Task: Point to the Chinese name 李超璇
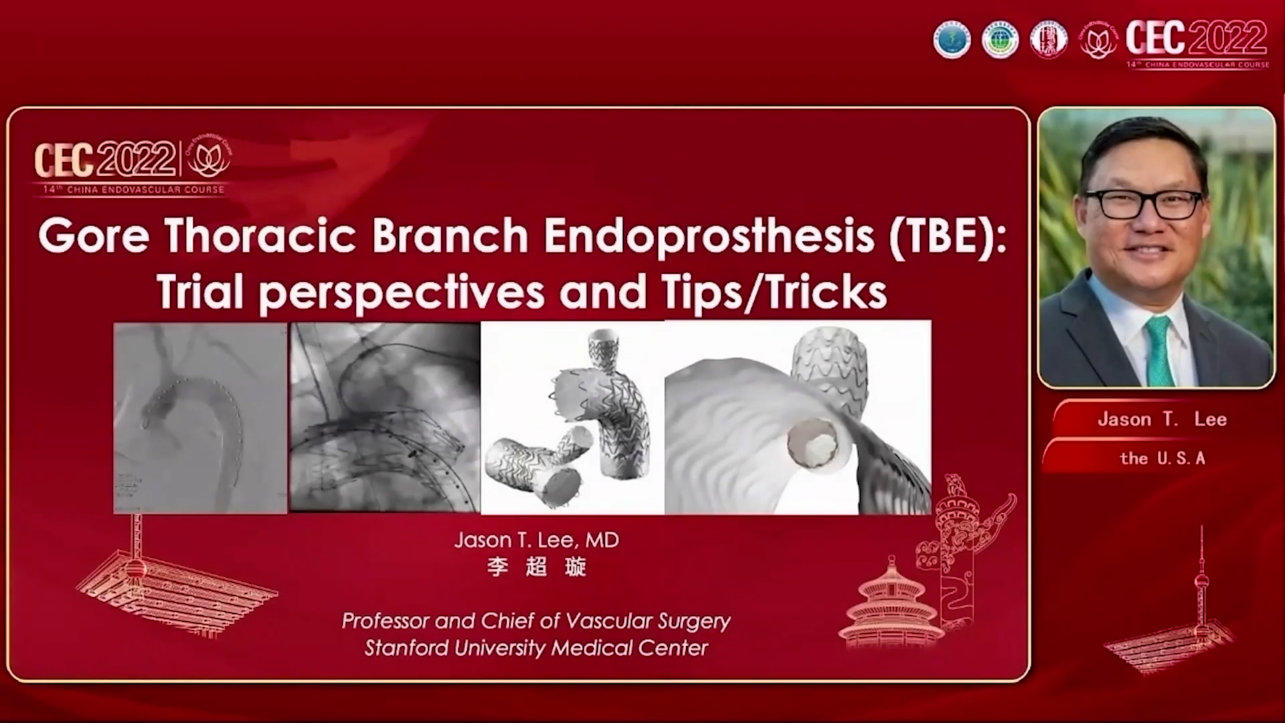pos(536,567)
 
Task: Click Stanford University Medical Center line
pos(536,648)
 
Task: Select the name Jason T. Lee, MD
pos(536,540)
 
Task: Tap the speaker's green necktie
pos(1160,351)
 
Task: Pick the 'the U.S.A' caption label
pos(1162,459)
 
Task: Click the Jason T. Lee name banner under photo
pos(1162,420)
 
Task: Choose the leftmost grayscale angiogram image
pos(200,418)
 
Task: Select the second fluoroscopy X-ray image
pos(385,418)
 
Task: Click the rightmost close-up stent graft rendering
pos(797,418)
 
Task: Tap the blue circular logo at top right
pos(952,39)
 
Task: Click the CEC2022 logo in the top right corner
pos(1197,42)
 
